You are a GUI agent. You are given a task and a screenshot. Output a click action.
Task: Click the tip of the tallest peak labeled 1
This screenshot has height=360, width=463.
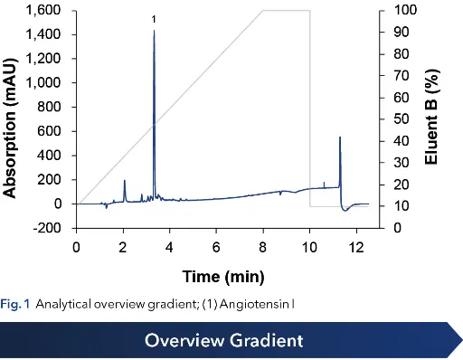154,31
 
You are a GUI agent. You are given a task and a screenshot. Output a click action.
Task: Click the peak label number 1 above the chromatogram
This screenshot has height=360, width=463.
154,19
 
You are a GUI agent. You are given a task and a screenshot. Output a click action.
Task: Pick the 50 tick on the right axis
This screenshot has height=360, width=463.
386,119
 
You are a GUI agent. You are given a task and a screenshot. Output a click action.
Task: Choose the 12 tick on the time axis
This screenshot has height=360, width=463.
356,246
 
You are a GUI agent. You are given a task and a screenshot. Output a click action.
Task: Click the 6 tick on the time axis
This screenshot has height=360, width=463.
216,246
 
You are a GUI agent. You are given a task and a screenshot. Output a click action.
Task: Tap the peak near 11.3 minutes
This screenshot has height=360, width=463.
340,138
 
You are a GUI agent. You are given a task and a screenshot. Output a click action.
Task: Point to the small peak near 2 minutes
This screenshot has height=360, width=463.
125,181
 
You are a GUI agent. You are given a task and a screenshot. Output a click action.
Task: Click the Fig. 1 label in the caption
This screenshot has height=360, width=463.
15,302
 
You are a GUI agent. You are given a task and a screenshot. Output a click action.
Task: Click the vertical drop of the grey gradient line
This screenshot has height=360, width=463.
310,109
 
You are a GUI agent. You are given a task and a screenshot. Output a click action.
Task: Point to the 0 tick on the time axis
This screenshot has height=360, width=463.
77,246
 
